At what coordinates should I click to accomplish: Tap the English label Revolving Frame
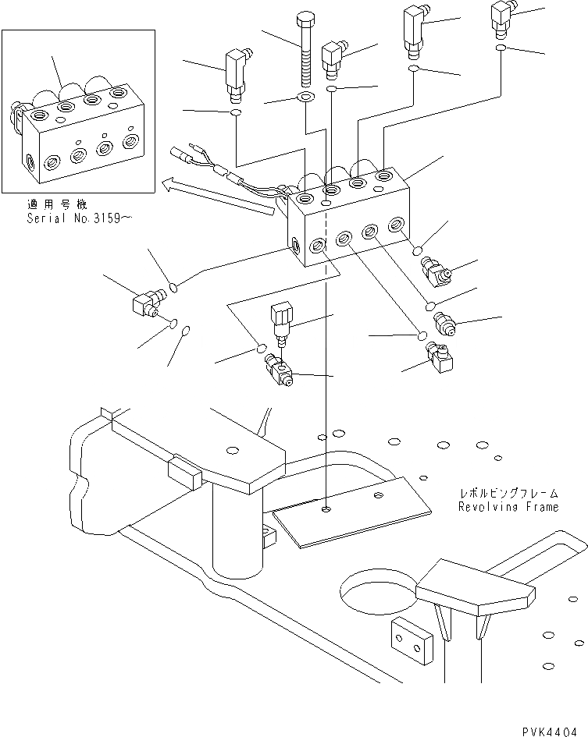click(508, 507)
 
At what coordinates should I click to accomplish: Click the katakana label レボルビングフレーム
click(508, 494)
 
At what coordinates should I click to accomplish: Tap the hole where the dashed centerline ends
click(326, 511)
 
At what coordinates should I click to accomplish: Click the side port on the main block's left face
click(298, 243)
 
